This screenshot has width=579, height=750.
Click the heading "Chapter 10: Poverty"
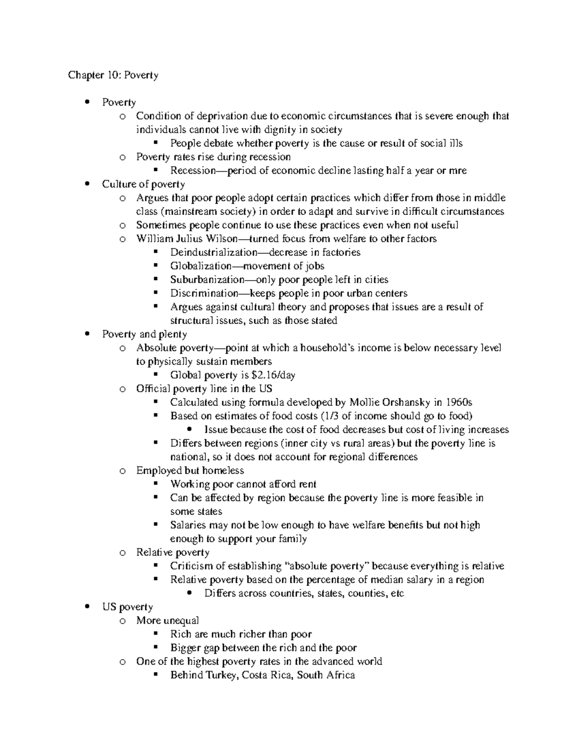tap(113, 75)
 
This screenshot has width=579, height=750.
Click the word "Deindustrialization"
tap(214, 252)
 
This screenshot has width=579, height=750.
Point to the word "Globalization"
tap(201, 266)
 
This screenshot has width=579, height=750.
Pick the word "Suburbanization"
tap(207, 280)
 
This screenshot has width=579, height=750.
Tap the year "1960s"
tap(459, 402)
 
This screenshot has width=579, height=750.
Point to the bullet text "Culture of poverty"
tap(143, 184)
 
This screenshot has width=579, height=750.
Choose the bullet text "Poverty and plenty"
tap(144, 334)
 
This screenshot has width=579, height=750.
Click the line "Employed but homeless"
tap(190, 471)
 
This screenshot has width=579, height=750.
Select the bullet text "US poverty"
tap(127, 607)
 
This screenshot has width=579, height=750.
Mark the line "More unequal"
tap(167, 621)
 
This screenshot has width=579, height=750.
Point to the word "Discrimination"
tap(204, 293)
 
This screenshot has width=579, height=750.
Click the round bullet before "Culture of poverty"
tap(87, 184)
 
